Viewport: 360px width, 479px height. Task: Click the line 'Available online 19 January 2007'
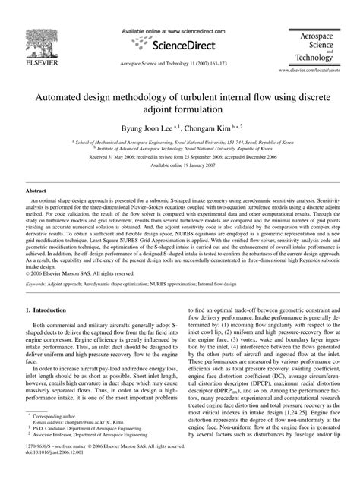(x=180, y=184)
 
